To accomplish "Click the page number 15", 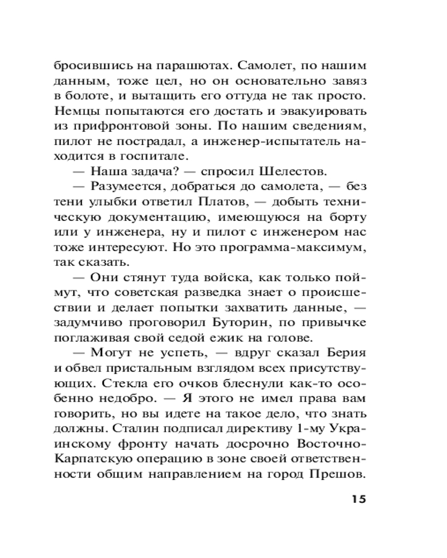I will click(x=355, y=499).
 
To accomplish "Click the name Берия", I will click(x=346, y=352).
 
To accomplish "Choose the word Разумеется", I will click(x=128, y=186).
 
